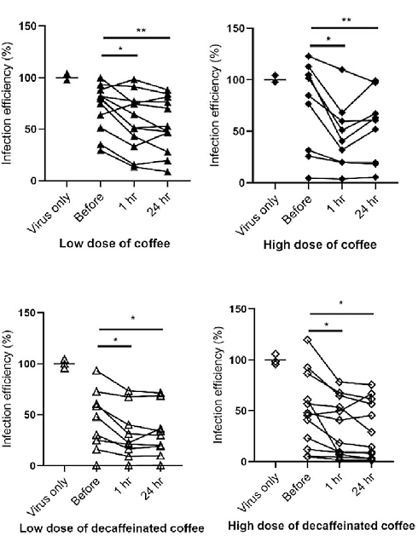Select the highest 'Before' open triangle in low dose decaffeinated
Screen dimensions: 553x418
pos(97,371)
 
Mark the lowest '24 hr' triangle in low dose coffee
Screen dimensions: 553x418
pos(167,171)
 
